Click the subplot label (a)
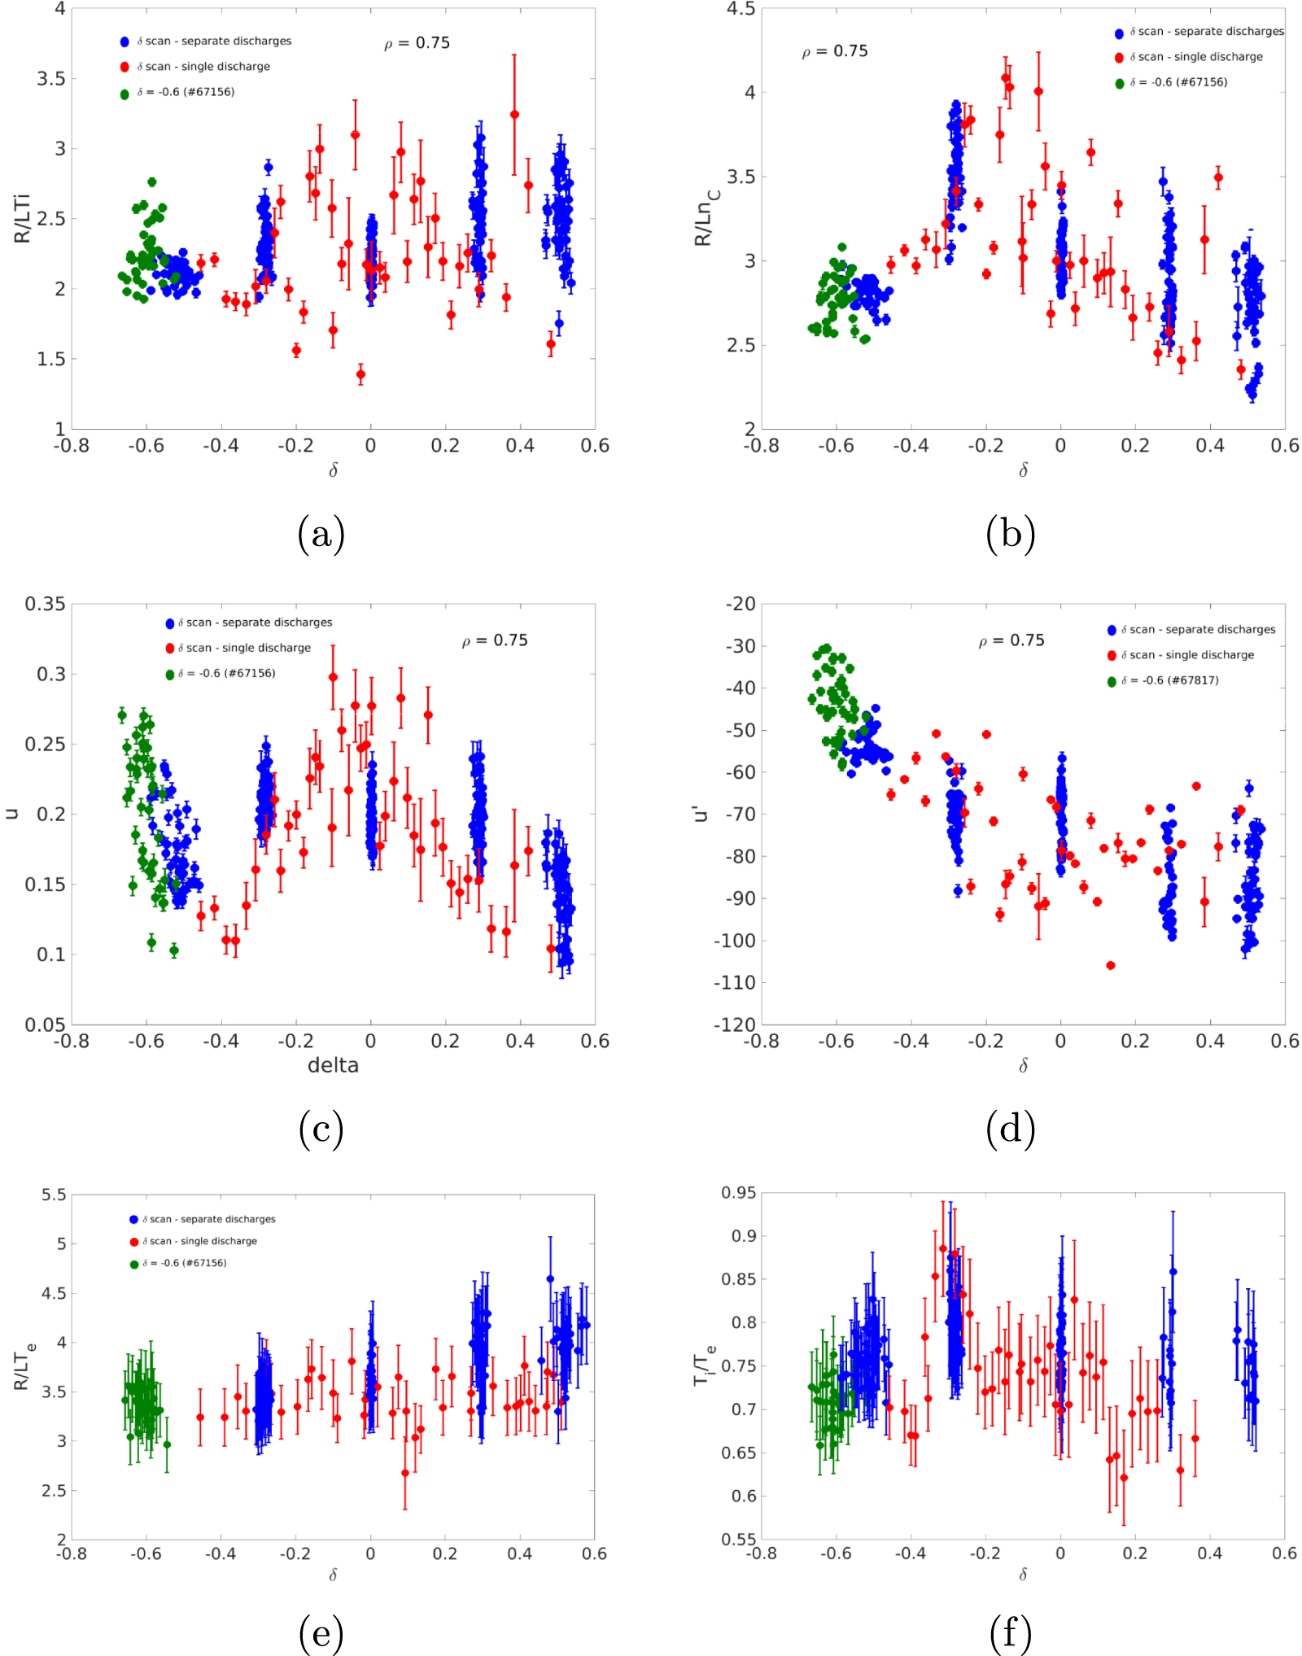[321, 535]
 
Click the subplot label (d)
[1010, 1130]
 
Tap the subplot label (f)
[1010, 1633]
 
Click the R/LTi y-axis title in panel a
[22, 218]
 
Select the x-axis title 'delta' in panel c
[333, 1065]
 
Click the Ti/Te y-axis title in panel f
[705, 1365]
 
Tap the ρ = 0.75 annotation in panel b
[835, 51]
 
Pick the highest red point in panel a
[514, 115]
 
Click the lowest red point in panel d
[1111, 965]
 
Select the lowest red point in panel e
[405, 1473]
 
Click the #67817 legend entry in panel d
[1169, 680]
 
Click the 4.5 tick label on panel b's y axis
[741, 9]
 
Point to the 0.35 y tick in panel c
[45, 604]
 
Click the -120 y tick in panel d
[735, 1024]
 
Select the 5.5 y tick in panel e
[54, 1195]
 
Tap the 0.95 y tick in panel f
[738, 1193]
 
